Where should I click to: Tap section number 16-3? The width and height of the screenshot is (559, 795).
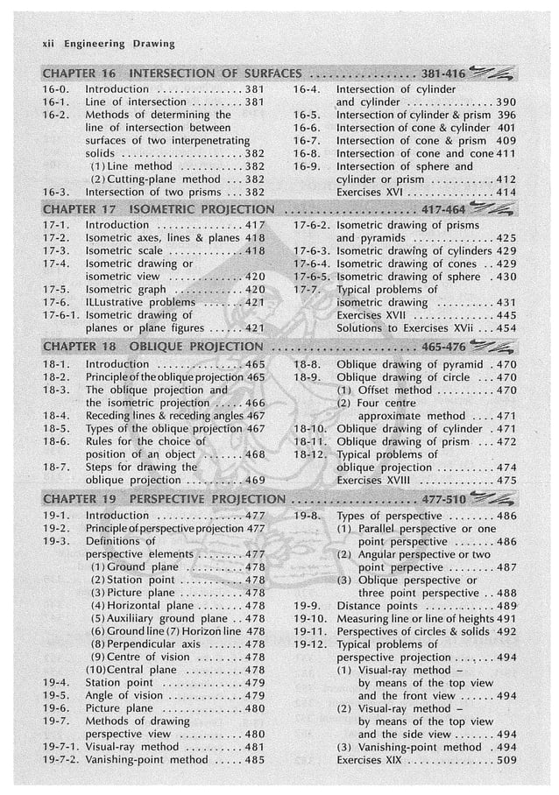(56, 191)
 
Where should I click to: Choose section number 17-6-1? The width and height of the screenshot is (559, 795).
(62, 315)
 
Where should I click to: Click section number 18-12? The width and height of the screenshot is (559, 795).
(311, 454)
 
